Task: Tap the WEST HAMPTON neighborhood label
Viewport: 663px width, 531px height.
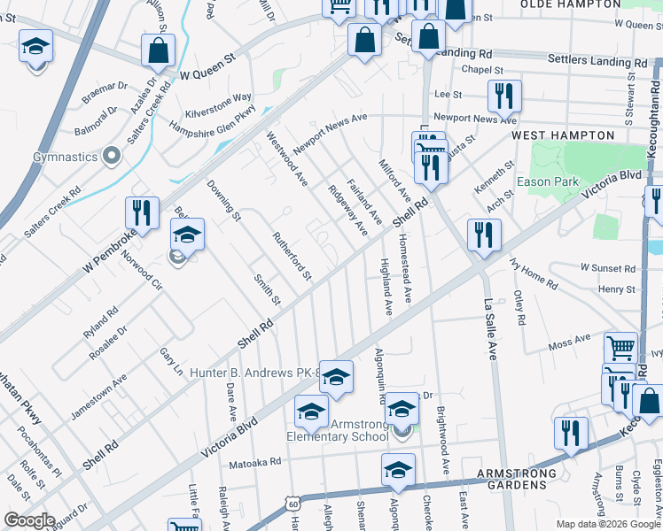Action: (562, 135)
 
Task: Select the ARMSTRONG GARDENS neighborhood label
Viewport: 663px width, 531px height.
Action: (517, 473)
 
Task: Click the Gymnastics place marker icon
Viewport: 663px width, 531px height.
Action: (112, 157)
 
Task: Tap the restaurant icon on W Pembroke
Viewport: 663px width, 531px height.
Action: (142, 212)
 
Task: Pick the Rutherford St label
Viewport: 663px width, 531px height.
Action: (292, 256)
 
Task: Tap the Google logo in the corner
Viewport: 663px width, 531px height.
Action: (29, 520)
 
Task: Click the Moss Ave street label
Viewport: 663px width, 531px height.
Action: (569, 342)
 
